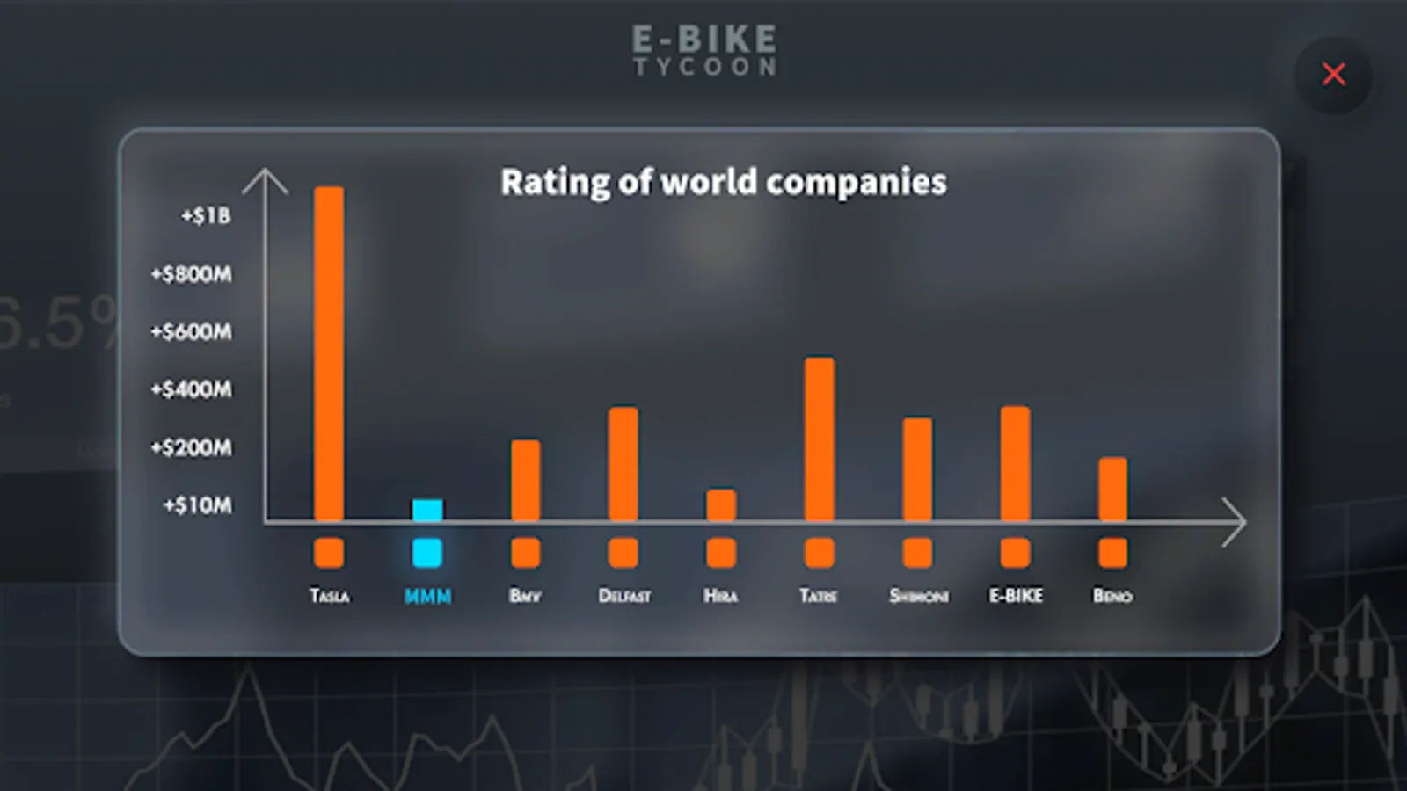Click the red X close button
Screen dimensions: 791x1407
(1333, 75)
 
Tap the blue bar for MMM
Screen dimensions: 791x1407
(427, 510)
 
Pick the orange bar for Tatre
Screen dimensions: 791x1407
(819, 439)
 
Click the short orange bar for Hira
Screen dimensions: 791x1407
(721, 504)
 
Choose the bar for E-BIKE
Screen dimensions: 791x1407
(1015, 463)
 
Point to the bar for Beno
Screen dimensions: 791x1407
(1112, 489)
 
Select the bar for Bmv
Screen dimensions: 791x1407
(526, 480)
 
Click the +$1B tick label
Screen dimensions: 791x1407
(206, 216)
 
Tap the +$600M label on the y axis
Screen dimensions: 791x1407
(192, 332)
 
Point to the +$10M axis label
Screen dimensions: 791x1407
(198, 505)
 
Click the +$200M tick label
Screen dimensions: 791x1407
(192, 447)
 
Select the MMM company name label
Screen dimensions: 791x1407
(427, 596)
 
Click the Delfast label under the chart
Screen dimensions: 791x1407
(624, 596)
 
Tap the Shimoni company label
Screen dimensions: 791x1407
(918, 596)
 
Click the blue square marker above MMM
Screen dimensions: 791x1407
(427, 553)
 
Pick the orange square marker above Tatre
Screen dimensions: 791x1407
(819, 553)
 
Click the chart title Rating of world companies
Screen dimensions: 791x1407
(723, 182)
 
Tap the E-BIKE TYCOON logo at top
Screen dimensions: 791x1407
(704, 50)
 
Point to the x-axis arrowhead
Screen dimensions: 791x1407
(1234, 522)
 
